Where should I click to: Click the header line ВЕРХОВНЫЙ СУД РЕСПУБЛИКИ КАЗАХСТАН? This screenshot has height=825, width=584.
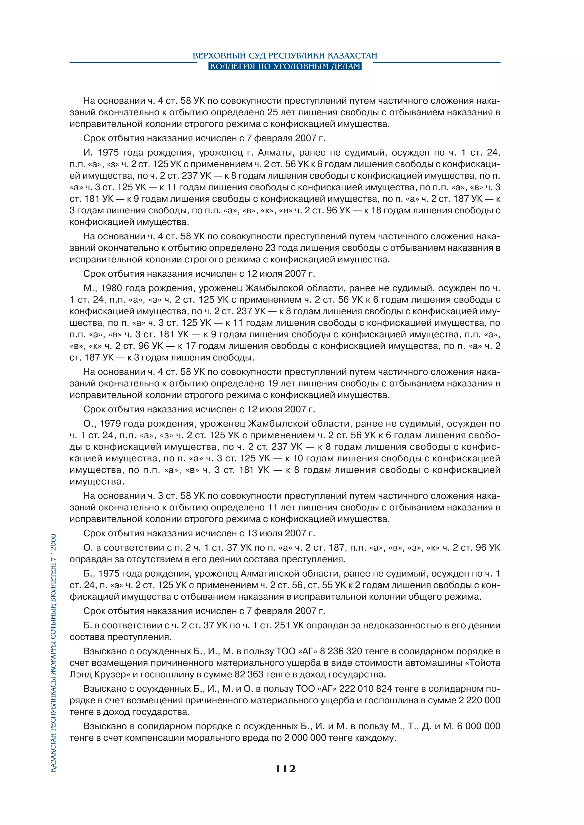285,56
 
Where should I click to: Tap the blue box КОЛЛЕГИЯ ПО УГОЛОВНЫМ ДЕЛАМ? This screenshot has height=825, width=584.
285,66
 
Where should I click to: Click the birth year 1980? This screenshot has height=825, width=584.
111,288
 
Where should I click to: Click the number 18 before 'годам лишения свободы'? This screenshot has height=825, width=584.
376,211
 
